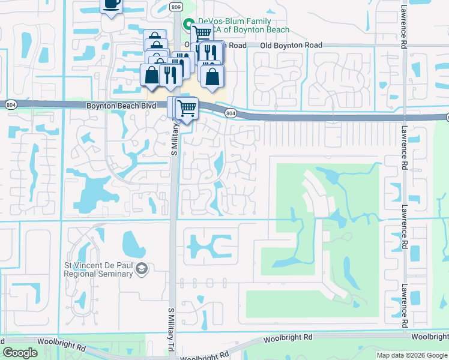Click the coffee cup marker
pyautogui.click(x=111, y=4)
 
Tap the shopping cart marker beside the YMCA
pyautogui.click(x=202, y=34)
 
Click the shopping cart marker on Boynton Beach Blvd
pyautogui.click(x=187, y=108)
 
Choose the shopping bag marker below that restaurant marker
pyautogui.click(x=212, y=76)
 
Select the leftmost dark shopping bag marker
pyautogui.click(x=151, y=75)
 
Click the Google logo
pyautogui.click(x=20, y=353)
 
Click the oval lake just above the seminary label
pyautogui.click(x=133, y=244)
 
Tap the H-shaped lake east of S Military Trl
pyautogui.click(x=209, y=247)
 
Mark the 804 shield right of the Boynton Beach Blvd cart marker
pyautogui.click(x=231, y=113)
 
